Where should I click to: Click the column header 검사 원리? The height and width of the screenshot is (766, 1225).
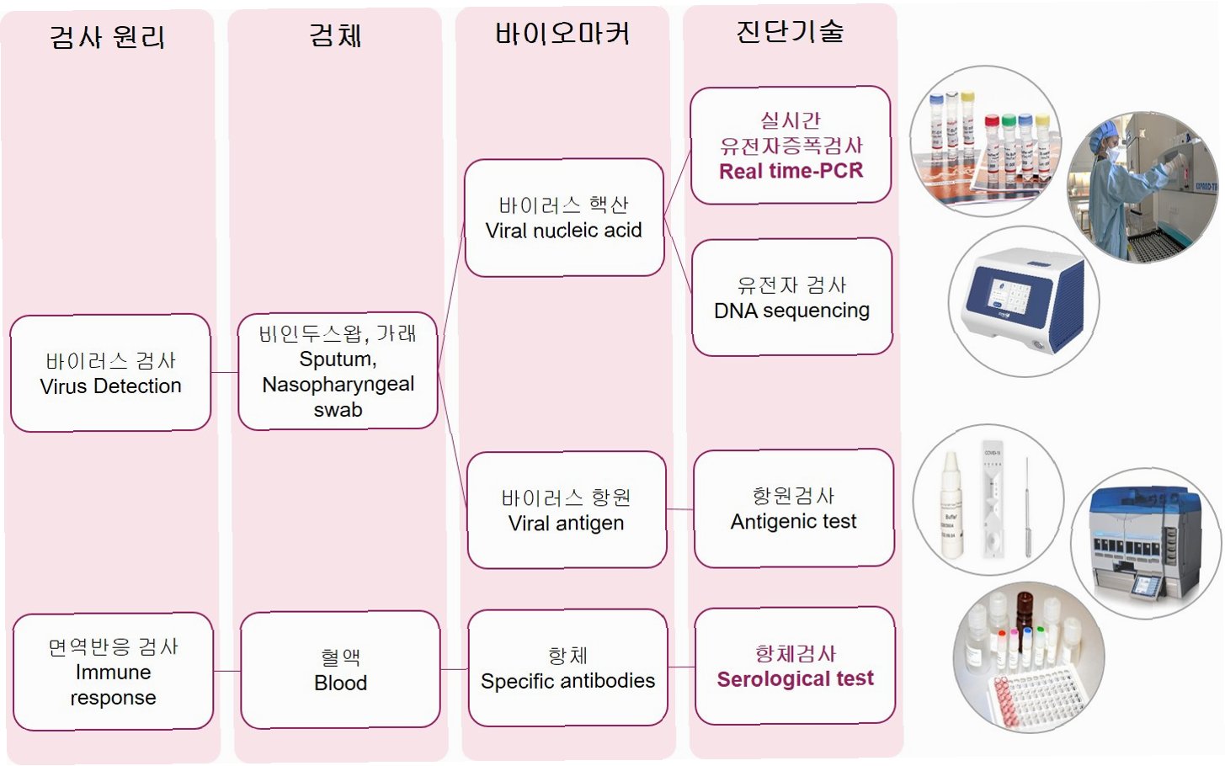(108, 37)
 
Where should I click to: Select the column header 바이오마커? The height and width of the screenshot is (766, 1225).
(562, 34)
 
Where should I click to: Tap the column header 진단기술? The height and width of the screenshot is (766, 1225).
(790, 31)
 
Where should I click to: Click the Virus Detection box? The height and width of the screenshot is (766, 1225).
(110, 373)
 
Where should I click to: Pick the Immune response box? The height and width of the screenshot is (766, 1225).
(113, 672)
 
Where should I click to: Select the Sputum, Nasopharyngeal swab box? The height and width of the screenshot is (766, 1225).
(338, 371)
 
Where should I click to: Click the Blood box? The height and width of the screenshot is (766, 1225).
(340, 670)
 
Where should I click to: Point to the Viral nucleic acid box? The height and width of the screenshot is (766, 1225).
(564, 217)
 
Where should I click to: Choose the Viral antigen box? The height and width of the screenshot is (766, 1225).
(567, 510)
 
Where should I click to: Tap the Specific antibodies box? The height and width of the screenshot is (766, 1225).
(567, 668)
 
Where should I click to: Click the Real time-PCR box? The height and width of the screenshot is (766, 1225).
(791, 145)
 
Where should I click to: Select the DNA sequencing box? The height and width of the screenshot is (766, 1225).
(791, 297)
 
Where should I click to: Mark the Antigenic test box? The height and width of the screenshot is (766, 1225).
(794, 508)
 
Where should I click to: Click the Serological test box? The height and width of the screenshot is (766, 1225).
(795, 666)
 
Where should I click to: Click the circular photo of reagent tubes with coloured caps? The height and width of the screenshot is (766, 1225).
(985, 141)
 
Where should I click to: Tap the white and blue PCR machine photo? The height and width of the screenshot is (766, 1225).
(1023, 301)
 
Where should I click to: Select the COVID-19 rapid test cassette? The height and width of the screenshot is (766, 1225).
(993, 500)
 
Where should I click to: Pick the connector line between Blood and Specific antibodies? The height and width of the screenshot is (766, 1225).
(454, 670)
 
